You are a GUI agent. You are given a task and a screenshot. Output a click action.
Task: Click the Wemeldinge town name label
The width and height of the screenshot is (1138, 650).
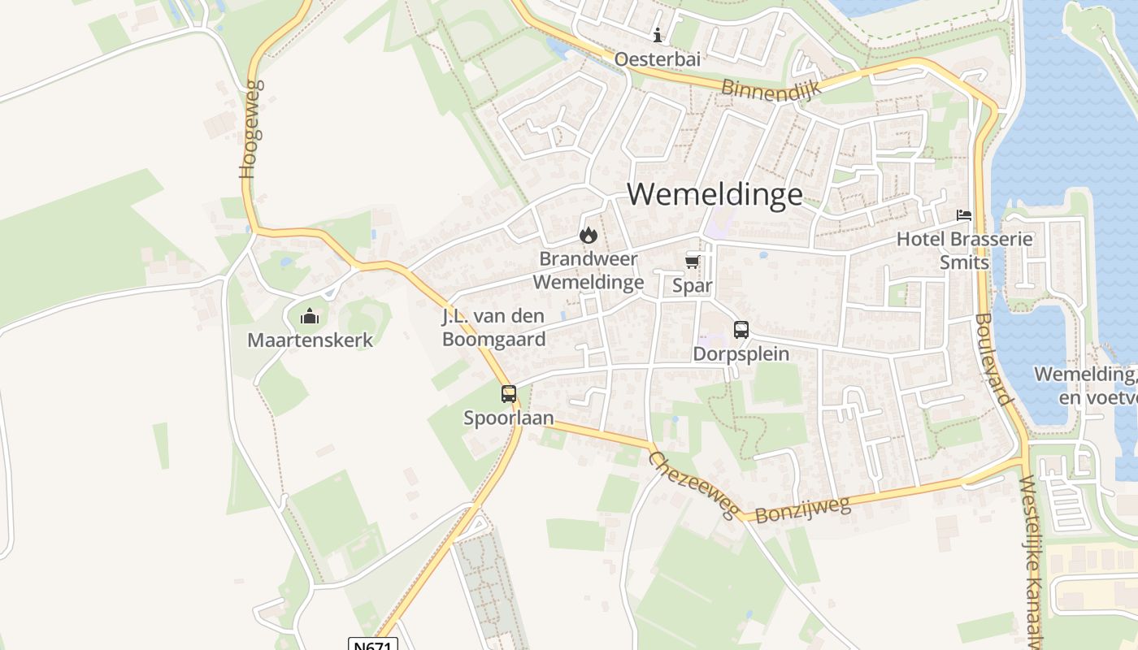point(715,194)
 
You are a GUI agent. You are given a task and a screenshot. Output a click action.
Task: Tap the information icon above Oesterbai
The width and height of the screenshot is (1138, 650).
point(657,35)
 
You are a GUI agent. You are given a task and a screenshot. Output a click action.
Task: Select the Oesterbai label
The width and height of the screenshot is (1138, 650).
point(657,59)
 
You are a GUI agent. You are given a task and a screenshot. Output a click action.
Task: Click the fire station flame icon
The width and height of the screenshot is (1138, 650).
point(588,236)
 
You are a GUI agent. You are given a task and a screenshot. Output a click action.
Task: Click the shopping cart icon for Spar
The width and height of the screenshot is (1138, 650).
point(692,262)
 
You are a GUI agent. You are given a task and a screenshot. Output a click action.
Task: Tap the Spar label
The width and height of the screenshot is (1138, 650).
point(692,285)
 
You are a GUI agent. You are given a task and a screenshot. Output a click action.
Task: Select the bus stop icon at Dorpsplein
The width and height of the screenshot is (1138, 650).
point(741,330)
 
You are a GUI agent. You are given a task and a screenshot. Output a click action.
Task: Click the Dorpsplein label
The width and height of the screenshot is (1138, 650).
point(741,354)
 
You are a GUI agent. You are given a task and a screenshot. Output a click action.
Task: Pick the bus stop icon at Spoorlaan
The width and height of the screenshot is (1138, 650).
point(509,394)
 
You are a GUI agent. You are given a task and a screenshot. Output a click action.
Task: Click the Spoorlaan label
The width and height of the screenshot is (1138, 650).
point(509,418)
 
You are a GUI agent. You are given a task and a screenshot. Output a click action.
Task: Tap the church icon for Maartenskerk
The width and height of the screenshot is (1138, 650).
point(309,316)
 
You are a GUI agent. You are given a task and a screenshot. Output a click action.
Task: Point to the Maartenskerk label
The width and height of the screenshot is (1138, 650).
point(310,340)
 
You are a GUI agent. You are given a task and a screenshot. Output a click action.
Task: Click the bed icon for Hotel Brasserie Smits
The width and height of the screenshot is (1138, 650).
point(964,215)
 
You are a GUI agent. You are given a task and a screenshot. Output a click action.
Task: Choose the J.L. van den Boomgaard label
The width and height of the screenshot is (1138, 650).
point(493,327)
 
